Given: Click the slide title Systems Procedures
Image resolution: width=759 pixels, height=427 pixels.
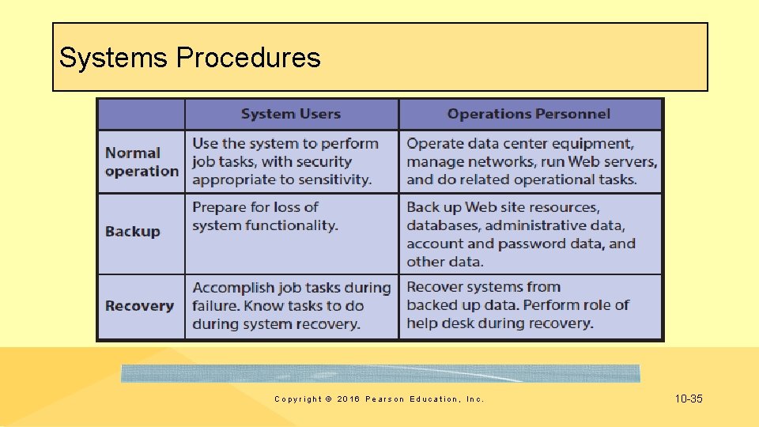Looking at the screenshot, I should [x=190, y=58].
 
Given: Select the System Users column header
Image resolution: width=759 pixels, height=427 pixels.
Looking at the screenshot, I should [x=290, y=114].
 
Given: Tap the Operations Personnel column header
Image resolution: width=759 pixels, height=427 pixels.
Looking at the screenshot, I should [x=528, y=114].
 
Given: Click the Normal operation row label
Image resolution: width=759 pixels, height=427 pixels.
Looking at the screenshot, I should [x=142, y=162].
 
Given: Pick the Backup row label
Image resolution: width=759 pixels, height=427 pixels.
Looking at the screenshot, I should [x=133, y=232].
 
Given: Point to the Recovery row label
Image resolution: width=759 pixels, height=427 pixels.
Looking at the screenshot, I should [x=139, y=306].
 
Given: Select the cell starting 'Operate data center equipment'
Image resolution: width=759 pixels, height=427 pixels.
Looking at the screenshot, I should [x=531, y=161].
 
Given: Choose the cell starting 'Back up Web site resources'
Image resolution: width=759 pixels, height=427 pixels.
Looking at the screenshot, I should [x=520, y=234].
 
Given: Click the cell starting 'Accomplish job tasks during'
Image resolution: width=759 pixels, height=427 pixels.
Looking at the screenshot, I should [x=291, y=306].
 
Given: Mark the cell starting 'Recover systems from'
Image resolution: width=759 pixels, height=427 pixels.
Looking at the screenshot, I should [x=517, y=305].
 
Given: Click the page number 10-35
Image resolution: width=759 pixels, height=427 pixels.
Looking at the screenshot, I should [x=689, y=399].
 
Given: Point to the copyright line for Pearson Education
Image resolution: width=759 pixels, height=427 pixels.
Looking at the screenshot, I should [x=379, y=399].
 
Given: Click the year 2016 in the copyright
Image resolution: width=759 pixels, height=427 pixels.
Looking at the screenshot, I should [x=347, y=399].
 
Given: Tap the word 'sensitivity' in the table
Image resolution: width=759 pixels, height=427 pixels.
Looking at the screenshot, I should [x=331, y=179].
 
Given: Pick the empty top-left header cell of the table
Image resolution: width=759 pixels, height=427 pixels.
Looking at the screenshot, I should [x=141, y=114].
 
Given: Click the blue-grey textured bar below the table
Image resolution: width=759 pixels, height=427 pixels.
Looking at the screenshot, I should [x=380, y=373].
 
